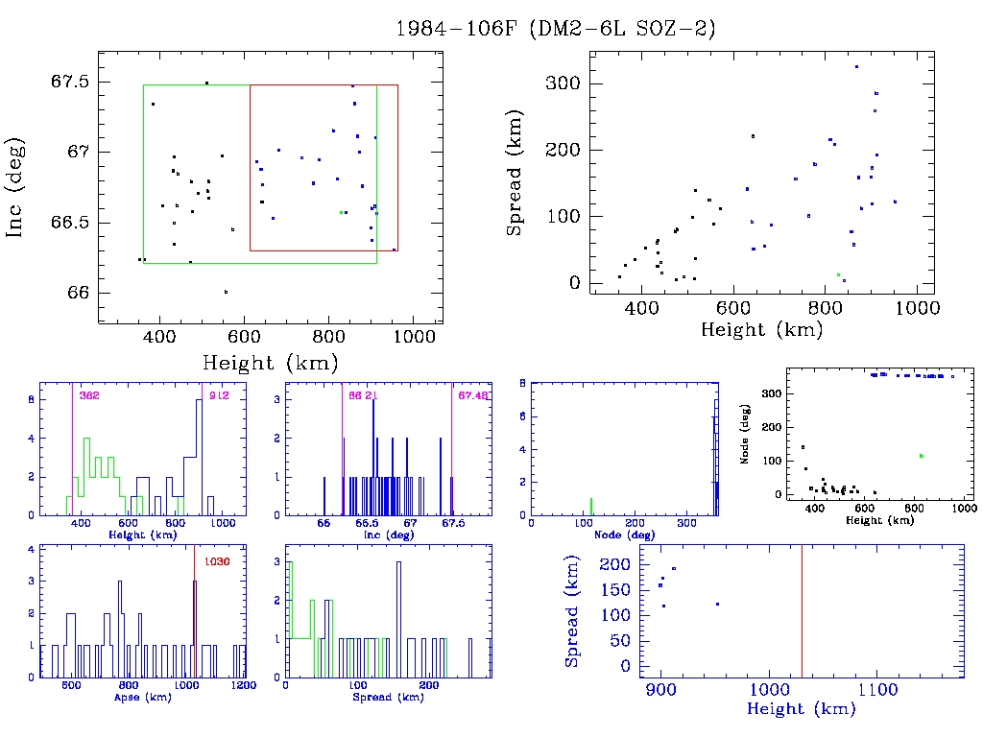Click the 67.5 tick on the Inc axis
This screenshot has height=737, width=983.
(x=70, y=82)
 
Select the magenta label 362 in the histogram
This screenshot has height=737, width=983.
(x=89, y=395)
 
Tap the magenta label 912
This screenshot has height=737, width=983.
(x=218, y=395)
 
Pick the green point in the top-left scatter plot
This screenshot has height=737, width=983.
(x=341, y=212)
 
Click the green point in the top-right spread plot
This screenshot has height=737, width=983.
(x=838, y=274)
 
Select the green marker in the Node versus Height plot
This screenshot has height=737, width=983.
(x=921, y=456)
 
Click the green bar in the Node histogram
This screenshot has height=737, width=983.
(x=591, y=506)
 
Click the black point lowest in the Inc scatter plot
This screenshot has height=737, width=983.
(x=226, y=292)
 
